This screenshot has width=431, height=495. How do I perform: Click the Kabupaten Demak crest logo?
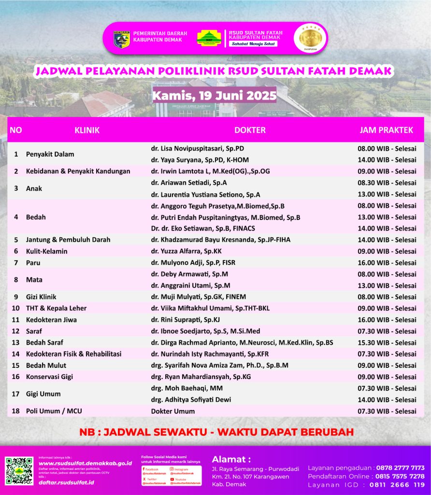[121, 39]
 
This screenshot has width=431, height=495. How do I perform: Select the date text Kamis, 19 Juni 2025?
[214, 95]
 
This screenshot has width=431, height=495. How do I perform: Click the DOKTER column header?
[250, 130]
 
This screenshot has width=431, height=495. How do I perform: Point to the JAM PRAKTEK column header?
[386, 130]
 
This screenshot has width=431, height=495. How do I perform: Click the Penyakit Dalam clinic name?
[50, 154]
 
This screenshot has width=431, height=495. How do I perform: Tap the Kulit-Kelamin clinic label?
[47, 251]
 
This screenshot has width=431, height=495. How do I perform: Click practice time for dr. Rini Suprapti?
[387, 320]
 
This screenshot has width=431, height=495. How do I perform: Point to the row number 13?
[16, 343]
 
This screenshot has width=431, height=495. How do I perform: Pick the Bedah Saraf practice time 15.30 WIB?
[387, 343]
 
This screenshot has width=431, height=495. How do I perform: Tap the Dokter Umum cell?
[173, 411]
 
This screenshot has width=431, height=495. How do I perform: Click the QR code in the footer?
[19, 471]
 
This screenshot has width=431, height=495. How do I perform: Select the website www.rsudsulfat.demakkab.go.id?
[85, 463]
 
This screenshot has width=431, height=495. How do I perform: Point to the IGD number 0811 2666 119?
[397, 485]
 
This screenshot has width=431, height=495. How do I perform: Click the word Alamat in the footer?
[231, 459]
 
